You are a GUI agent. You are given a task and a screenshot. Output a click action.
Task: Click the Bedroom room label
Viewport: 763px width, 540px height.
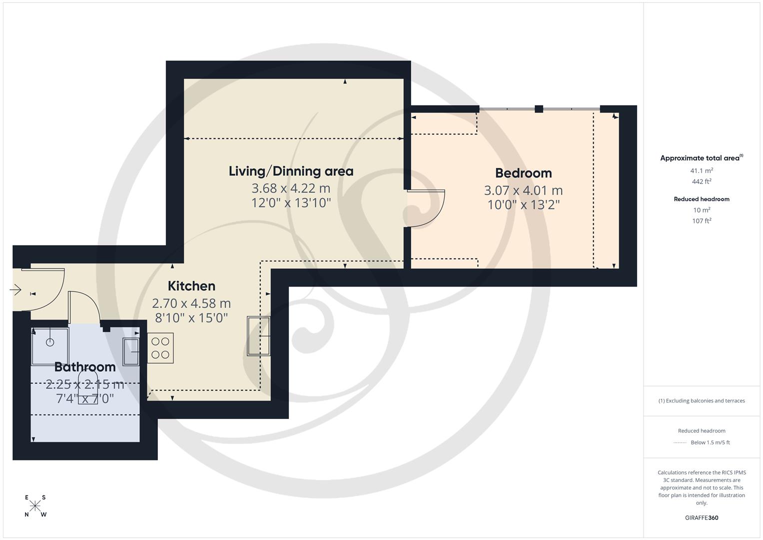(523, 173)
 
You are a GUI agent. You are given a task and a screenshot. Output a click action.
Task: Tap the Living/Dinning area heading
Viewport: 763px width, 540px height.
(291, 171)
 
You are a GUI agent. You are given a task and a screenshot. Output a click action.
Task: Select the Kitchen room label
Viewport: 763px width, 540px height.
(191, 286)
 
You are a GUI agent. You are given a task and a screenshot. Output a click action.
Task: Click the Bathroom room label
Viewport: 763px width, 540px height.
(85, 367)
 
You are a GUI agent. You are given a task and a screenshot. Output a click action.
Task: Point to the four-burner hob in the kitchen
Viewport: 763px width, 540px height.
(160, 348)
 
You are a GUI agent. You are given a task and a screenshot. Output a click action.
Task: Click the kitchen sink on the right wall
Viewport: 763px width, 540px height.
(259, 336)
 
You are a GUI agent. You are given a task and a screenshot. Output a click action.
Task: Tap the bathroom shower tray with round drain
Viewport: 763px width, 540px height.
(50, 345)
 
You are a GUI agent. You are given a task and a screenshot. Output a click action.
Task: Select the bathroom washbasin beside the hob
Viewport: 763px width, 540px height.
(131, 352)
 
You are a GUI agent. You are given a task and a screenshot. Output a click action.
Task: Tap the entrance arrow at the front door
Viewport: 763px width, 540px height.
(15, 289)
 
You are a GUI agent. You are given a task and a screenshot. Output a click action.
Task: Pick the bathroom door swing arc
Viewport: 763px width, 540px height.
(85, 306)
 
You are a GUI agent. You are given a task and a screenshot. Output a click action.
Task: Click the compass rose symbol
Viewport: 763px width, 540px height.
(35, 506)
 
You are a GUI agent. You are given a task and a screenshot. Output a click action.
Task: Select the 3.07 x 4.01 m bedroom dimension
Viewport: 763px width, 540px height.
(523, 190)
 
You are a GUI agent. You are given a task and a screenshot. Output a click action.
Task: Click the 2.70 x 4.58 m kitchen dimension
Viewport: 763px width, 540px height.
(191, 303)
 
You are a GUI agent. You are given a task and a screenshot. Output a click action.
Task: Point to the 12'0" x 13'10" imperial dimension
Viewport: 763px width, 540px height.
(291, 202)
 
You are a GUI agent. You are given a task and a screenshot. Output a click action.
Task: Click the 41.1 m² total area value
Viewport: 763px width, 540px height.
(702, 170)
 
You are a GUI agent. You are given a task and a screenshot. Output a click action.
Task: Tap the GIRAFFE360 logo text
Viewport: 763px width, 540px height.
(702, 517)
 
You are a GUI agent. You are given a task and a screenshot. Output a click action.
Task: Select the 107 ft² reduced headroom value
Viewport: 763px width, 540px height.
(702, 220)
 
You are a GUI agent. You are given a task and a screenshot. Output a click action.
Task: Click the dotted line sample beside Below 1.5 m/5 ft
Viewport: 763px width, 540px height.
(680, 442)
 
